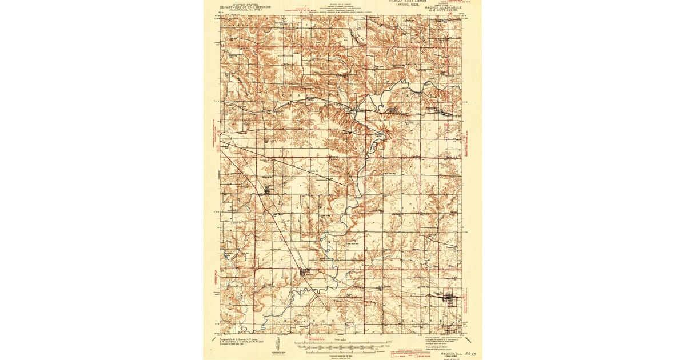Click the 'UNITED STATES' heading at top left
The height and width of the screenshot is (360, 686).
[241, 5]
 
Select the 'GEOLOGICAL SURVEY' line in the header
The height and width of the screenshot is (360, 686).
[241, 10]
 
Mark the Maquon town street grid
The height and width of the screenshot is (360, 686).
[305, 273]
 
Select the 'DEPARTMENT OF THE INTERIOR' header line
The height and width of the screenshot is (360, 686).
[241, 7]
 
